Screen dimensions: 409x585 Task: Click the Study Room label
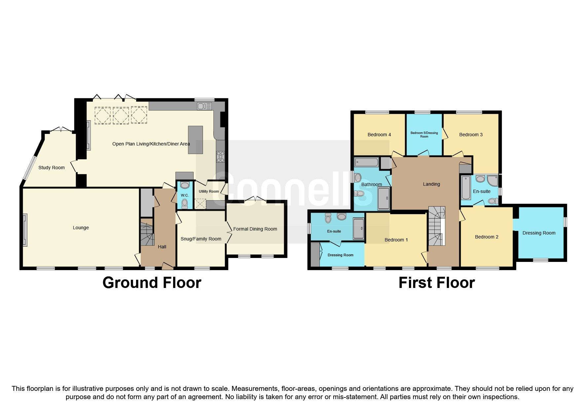point(52,168)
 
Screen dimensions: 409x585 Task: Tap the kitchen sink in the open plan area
point(204,106)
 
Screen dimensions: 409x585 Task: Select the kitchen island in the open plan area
point(195,140)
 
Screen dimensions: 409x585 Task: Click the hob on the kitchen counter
point(220,156)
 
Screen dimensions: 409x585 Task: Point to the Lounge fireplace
point(25,230)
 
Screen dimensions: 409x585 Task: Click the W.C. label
point(185,195)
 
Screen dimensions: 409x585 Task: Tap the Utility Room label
point(209,191)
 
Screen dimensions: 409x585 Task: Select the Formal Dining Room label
point(255,229)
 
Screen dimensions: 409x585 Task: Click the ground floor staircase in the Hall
point(147,234)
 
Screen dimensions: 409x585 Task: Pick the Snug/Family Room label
point(201,239)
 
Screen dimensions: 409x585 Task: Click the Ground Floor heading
point(152,283)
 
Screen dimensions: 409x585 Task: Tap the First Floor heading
point(436,283)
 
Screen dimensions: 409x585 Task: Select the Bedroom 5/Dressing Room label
point(424,135)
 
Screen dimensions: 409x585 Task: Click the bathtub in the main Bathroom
point(366,162)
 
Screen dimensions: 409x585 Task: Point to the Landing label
point(431,184)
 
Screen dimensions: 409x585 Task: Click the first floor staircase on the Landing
point(437,226)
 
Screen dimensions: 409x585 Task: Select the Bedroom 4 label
point(379,135)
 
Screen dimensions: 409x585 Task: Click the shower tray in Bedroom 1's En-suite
point(358,228)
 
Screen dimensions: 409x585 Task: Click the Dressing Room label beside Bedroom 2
point(539,233)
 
